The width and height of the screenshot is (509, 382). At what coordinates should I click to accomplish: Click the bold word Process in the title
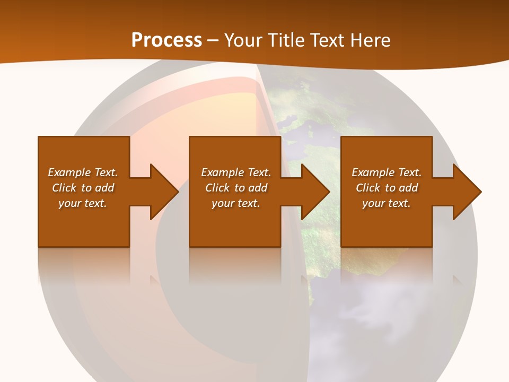pos(166,40)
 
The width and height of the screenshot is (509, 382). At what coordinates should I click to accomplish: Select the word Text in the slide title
pos(326,40)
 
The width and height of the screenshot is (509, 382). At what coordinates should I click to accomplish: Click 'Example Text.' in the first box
pos(83,172)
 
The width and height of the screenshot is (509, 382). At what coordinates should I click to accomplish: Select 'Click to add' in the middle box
pos(236,188)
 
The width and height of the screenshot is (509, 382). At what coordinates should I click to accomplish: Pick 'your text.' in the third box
pos(386,203)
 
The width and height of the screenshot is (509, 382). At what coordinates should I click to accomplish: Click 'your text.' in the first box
pos(83,203)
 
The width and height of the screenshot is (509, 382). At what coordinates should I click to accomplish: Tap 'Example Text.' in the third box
pos(387,172)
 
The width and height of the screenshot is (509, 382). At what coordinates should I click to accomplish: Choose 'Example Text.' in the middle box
pos(236,172)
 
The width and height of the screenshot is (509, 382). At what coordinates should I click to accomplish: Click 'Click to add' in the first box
pos(83,188)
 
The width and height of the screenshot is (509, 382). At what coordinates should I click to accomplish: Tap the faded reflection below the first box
pos(84,265)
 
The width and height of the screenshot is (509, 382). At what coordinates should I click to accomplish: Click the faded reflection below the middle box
pos(235,265)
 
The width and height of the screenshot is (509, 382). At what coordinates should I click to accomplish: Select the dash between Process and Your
pos(213,41)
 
